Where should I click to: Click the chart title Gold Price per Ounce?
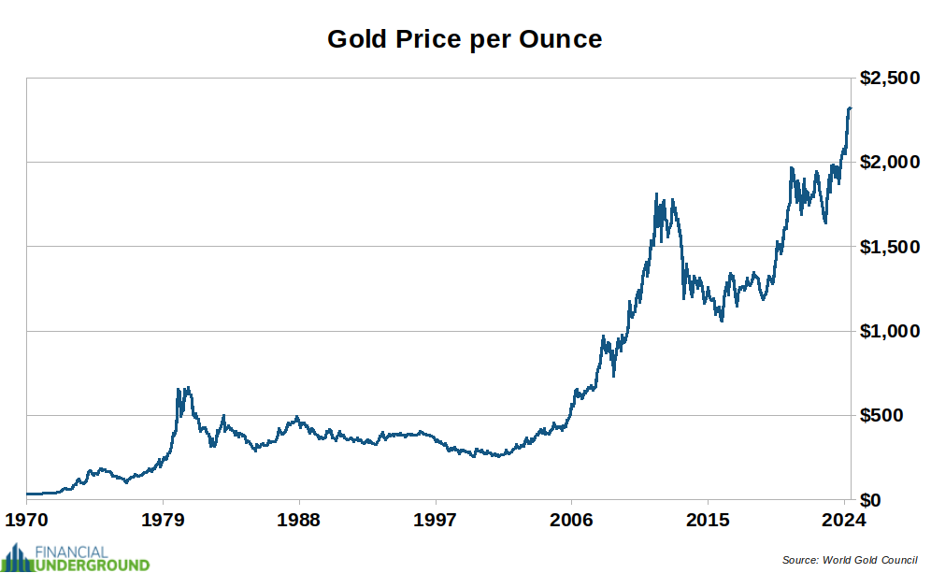pyautogui.click(x=465, y=39)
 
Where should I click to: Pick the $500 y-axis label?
pyautogui.click(x=896, y=415)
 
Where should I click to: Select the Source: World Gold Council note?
pyautogui.click(x=850, y=560)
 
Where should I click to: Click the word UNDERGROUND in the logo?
pyautogui.click(x=92, y=565)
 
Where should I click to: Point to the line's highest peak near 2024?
pyautogui.click(x=849, y=108)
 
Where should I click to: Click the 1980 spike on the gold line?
pyautogui.click(x=187, y=388)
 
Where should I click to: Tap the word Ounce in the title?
pyautogui.click(x=561, y=39)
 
